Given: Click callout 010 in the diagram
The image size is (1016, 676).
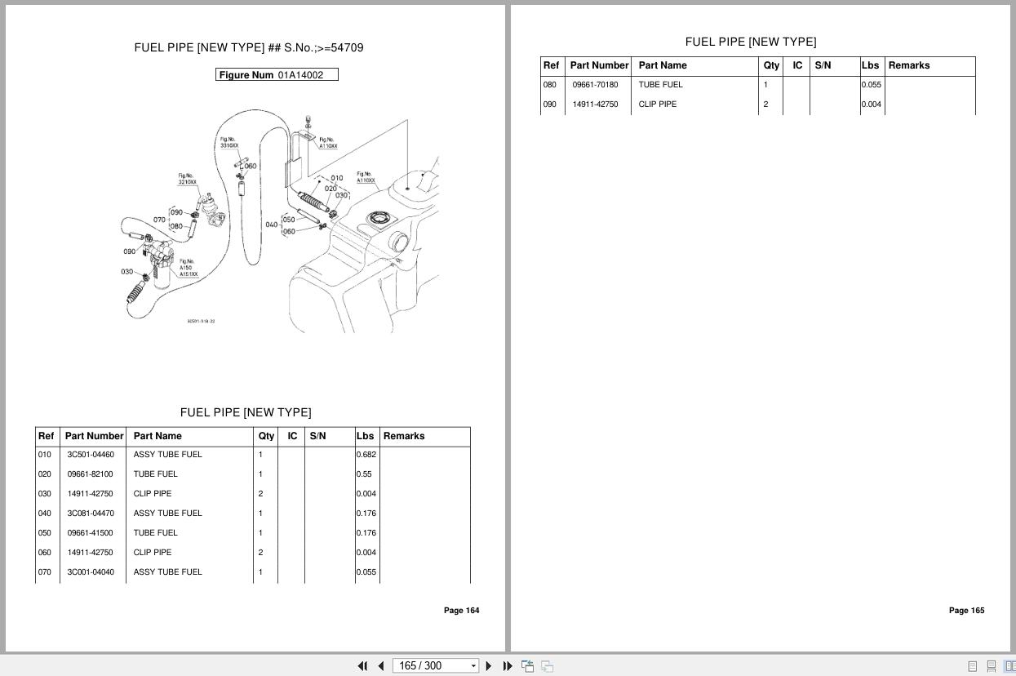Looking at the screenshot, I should (337, 178).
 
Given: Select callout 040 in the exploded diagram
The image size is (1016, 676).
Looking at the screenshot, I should (271, 225).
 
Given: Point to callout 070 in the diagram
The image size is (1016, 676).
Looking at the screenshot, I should (159, 220).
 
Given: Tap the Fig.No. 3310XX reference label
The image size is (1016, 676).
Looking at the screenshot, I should (228, 142).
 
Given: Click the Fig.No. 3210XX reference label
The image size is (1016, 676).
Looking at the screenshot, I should (187, 179).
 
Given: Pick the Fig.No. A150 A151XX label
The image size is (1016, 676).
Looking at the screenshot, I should (188, 268).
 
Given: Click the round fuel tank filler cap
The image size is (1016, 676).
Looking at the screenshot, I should (378, 219).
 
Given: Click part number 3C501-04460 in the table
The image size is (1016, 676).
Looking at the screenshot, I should (91, 455).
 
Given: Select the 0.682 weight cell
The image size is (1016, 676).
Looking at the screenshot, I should (366, 455).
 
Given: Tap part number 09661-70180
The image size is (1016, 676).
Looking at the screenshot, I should (595, 85).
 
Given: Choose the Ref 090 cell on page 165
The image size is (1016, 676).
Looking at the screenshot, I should (550, 105).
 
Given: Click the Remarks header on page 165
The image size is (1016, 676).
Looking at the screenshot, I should (908, 65).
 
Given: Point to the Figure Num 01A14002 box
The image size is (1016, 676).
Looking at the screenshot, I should (277, 75).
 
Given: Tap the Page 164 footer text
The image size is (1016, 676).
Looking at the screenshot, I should (461, 611).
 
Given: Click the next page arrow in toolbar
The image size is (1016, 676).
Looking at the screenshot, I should (489, 666).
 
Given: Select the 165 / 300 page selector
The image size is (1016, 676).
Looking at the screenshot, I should (435, 666).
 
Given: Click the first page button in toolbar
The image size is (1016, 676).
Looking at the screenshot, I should (362, 666).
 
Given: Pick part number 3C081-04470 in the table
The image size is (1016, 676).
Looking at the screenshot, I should (91, 514).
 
